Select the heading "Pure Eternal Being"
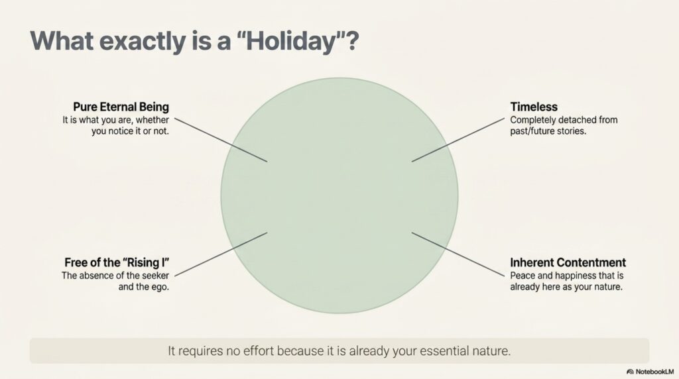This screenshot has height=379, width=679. [121, 107]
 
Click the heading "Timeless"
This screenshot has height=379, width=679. [534, 107]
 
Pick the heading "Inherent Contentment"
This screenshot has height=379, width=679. [568, 262]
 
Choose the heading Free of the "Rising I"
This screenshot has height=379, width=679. [117, 262]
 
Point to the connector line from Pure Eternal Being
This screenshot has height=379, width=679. [221, 140]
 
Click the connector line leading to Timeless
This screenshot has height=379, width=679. [458, 140]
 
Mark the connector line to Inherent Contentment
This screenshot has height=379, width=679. [458, 254]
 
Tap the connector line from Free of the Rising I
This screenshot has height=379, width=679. [221, 254]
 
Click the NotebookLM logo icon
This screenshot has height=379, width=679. [630, 372]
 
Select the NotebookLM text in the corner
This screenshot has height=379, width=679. [654, 372]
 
